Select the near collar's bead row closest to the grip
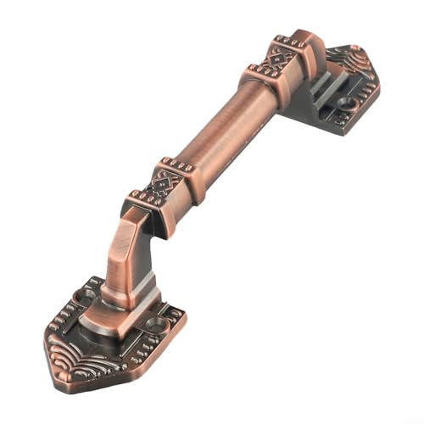coord(179,162)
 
